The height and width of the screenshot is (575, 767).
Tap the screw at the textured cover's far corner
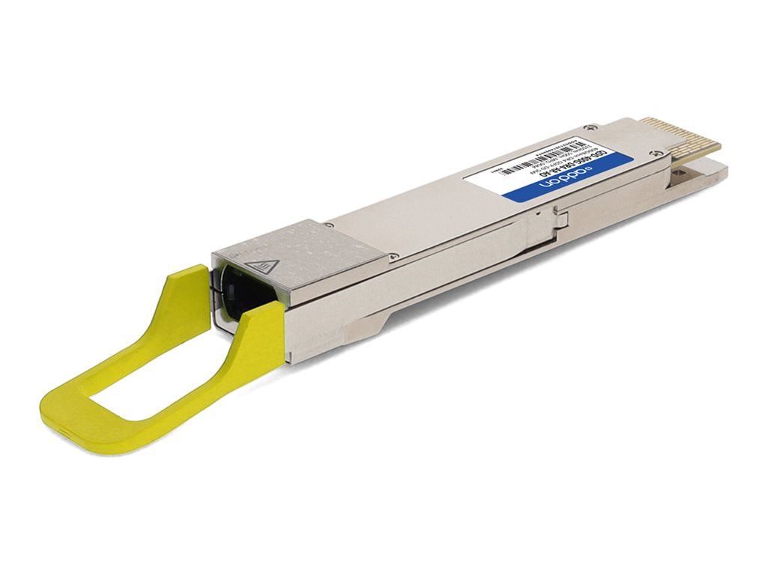click(x=329, y=224)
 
